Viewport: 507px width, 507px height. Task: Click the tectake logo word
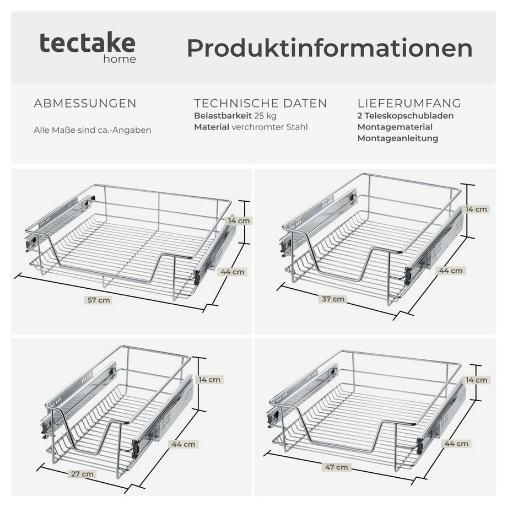(87, 43)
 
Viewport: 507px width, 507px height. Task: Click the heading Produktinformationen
(330, 48)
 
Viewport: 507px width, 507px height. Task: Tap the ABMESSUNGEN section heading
(85, 104)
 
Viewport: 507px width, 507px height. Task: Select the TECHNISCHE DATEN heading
(261, 104)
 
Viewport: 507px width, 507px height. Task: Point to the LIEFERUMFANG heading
(409, 104)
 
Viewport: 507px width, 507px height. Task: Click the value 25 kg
(265, 116)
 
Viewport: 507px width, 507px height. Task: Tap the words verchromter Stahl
(270, 127)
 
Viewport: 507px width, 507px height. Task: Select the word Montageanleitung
(397, 138)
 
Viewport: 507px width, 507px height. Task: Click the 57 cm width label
(100, 300)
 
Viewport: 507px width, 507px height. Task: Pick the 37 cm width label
(333, 299)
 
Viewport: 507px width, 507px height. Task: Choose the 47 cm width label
(337, 467)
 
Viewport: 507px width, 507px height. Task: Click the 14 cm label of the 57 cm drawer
(239, 220)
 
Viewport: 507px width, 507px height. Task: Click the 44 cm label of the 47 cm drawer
(456, 444)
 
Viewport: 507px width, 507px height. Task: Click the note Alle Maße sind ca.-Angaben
(92, 131)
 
